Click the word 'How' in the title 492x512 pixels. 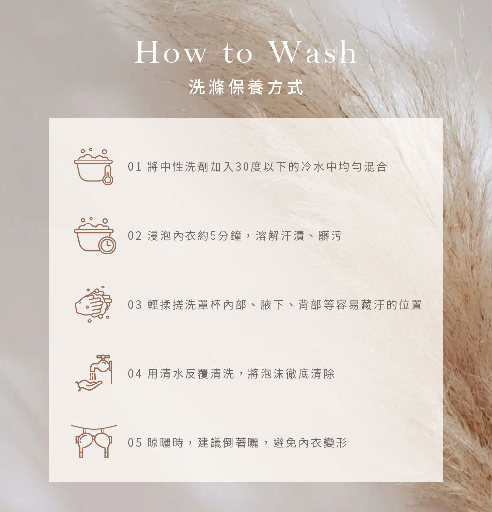171,52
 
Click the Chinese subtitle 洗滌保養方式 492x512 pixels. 246,87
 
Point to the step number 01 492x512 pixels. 135,167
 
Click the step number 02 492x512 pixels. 135,236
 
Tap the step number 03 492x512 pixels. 135,305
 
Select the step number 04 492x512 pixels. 135,374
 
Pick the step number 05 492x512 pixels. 135,443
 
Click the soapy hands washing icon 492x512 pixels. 93,304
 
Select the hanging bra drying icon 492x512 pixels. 93,441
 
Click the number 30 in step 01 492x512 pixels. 242,167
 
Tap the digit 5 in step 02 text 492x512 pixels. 213,236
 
